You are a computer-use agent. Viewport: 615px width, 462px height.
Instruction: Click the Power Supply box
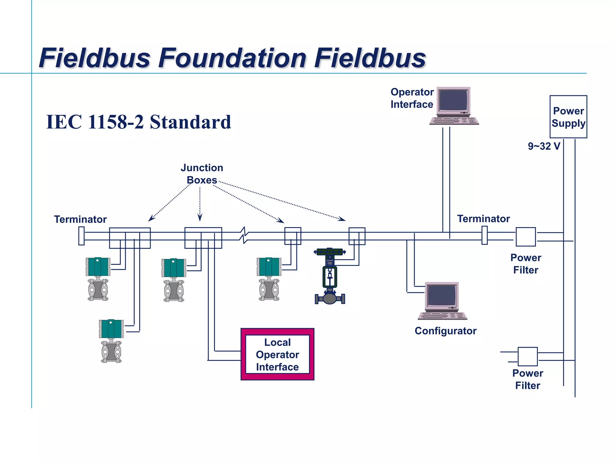pos(568,117)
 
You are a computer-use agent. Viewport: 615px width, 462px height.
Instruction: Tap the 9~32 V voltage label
pos(544,146)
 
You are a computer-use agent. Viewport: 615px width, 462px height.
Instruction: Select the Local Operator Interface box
pos(277,354)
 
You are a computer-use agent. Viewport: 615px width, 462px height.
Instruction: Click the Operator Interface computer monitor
pos(453,100)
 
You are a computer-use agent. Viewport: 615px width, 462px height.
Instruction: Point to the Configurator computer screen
pos(442,296)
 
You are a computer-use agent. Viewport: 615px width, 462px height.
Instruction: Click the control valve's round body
pos(330,299)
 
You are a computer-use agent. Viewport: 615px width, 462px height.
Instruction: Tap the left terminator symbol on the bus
pos(81,236)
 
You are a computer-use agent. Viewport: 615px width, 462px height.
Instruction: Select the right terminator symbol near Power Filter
pos(484,235)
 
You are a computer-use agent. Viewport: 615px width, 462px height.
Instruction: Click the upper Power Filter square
pos(526,237)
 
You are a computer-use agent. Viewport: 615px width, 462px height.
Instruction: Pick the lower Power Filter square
pos(528,356)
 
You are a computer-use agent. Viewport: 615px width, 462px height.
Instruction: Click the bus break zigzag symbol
pos(244,236)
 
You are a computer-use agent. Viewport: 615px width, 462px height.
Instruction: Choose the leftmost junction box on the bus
pos(130,238)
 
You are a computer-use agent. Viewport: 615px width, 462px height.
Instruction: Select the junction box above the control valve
pos(357,236)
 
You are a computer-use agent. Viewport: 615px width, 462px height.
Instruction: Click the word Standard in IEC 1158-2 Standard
pos(190,122)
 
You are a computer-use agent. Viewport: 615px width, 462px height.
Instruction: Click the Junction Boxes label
pos(202,174)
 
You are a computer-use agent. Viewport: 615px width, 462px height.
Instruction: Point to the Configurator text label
pos(445,331)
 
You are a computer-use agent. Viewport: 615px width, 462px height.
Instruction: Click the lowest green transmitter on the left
pos(111,329)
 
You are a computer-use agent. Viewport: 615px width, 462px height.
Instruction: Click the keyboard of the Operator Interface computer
pos(454,121)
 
